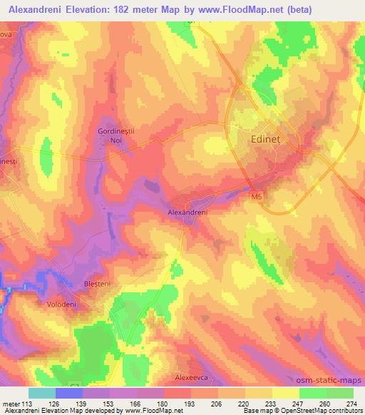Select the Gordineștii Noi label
click(115, 136)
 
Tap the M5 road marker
click(256, 195)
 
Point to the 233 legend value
click(262, 404)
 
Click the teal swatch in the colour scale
click(42, 393)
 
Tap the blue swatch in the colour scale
click(68, 393)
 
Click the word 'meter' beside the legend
click(11, 404)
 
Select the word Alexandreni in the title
click(39, 9)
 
